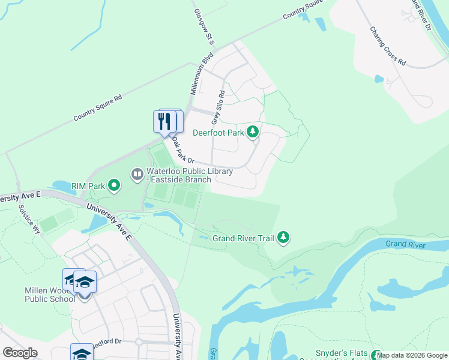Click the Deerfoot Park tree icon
[253, 131]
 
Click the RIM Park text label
[88, 186]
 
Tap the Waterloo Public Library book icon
[137, 175]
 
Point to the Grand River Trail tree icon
[283, 238]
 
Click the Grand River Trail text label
[244, 238]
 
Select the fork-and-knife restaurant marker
[164, 122]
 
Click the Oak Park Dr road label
[183, 151]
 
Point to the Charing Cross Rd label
[387, 46]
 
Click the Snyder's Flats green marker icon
[376, 355]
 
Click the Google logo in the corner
[20, 352]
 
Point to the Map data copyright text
[412, 356]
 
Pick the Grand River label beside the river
[406, 244]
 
